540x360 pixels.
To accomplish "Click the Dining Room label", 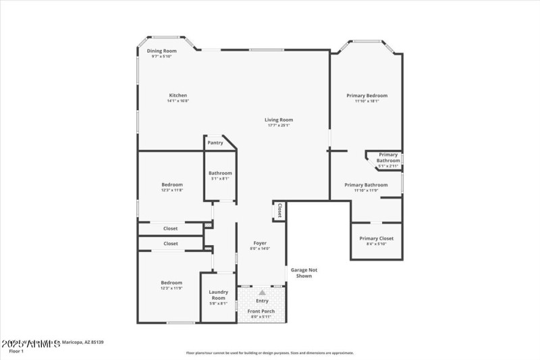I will tap(162, 51).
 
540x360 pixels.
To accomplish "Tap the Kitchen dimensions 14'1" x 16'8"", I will tap(178, 101).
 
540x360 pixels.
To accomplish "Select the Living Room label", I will tap(279, 120).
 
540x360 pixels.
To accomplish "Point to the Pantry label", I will tap(215, 143).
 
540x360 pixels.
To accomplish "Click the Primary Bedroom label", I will tap(367, 95).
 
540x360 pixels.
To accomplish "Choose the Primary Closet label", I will tap(376, 238).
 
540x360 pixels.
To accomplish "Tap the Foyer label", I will tap(260, 243).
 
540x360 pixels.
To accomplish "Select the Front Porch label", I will tap(261, 311).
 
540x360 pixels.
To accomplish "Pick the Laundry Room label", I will tap(218, 294).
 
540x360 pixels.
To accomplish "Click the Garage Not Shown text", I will tap(304, 273).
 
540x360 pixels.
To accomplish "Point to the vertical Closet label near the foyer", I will tap(279, 211).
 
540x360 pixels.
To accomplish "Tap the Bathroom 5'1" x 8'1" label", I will tap(220, 173).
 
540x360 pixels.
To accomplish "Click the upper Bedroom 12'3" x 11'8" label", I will tap(172, 184).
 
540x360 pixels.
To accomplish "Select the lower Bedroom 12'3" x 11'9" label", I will tap(171, 282).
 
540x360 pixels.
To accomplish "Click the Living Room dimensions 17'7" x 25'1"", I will tap(279, 126).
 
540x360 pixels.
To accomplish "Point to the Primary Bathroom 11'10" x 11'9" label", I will tap(366, 184).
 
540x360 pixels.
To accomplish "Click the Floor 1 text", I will tap(16, 351).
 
